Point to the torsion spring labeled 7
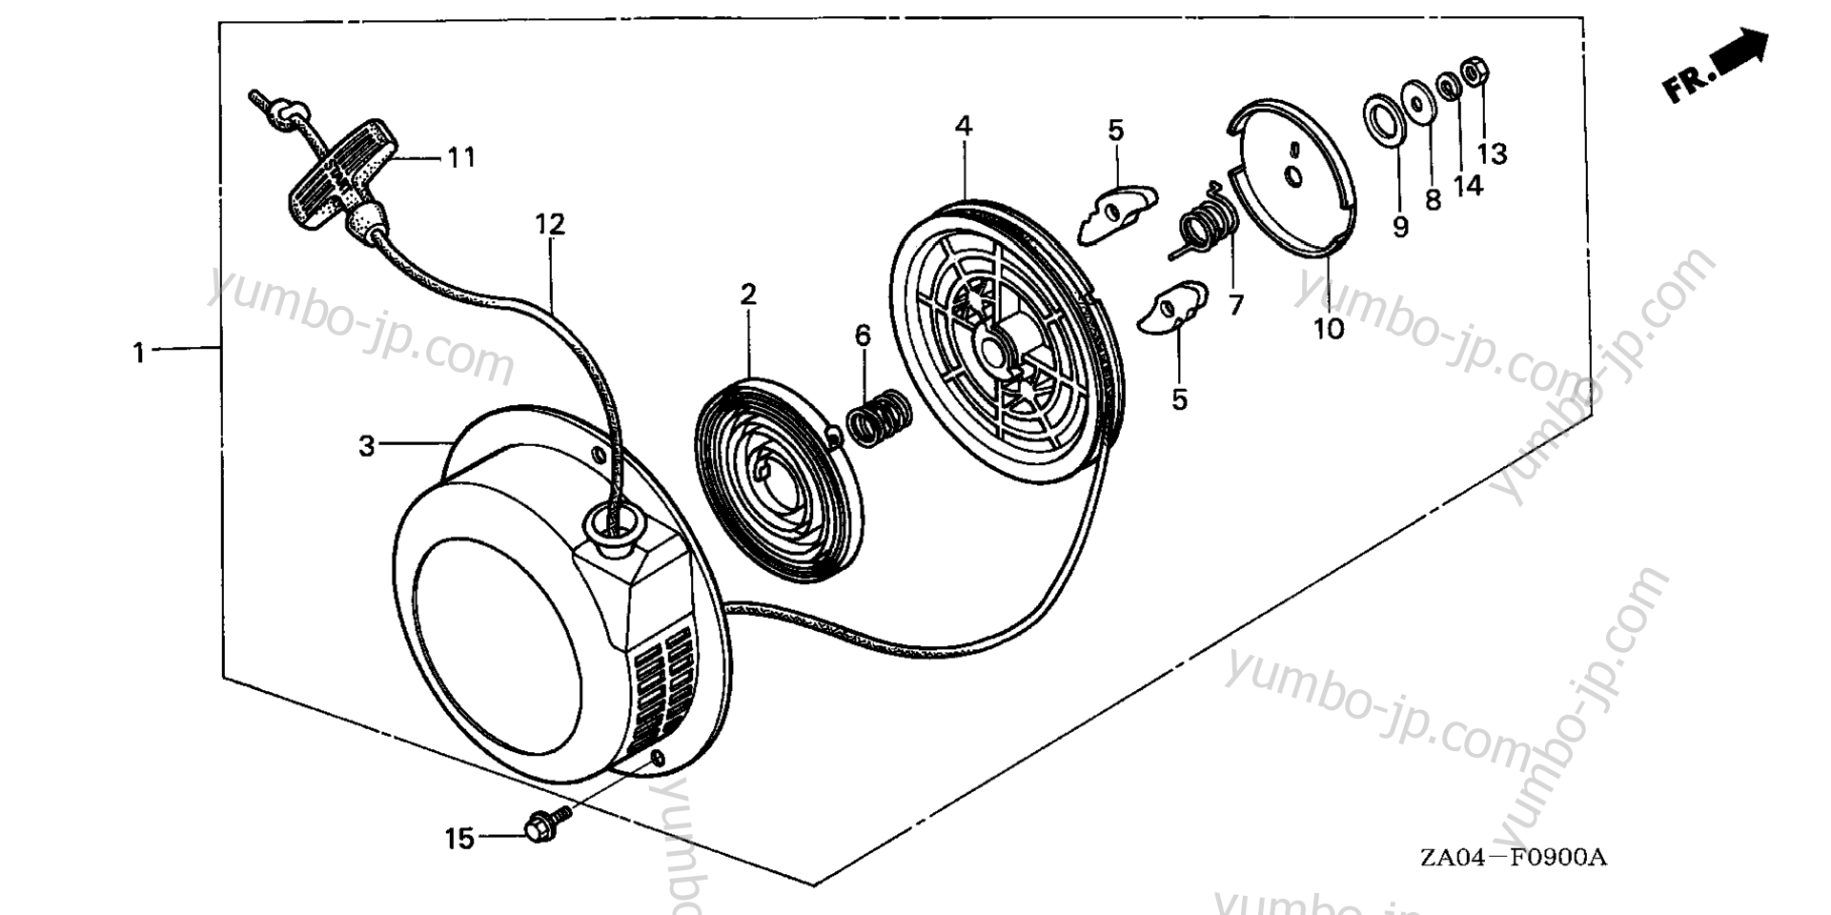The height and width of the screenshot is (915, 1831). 1206,230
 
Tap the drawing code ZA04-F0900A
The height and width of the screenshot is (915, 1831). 1513,858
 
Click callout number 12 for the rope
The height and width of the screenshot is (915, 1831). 550,225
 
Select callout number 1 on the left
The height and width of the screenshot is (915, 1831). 139,353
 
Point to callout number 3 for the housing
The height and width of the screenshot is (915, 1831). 367,445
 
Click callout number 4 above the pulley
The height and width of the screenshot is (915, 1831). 964,126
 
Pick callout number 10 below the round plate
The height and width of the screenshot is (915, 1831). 1328,329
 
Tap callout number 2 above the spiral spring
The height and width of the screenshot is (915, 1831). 748,295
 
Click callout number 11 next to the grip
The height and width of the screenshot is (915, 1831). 461,157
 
